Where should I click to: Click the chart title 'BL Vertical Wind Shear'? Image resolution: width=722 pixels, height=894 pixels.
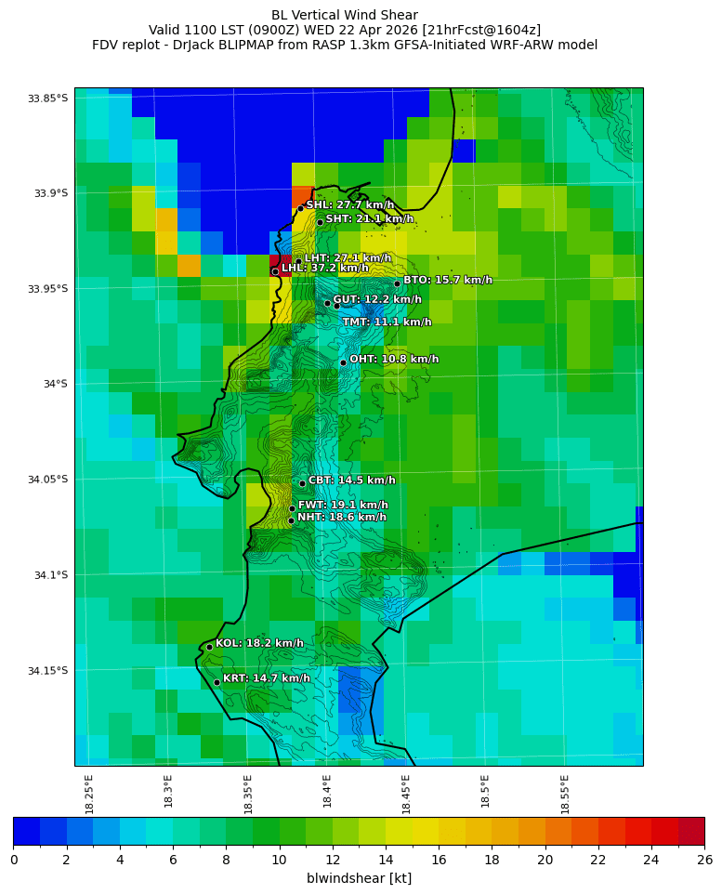[x=345, y=15]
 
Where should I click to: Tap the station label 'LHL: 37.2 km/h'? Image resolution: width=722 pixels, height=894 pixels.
[x=325, y=268]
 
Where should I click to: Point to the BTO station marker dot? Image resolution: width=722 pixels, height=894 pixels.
[x=397, y=283]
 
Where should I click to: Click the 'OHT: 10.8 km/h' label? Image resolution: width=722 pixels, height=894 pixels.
[x=394, y=359]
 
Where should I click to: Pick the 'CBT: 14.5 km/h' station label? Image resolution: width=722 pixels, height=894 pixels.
[x=351, y=480]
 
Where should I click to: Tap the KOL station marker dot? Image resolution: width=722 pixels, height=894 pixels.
[x=210, y=647]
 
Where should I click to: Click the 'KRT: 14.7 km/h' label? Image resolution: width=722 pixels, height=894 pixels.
[x=266, y=678]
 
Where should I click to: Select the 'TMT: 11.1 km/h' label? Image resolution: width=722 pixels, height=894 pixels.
[x=387, y=322]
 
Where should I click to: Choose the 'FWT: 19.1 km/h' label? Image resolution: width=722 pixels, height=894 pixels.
[x=343, y=505]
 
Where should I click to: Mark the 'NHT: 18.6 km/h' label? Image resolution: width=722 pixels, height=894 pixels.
[x=341, y=517]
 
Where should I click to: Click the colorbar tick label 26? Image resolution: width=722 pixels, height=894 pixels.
[x=704, y=860]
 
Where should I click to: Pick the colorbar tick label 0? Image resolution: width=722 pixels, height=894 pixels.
[x=14, y=860]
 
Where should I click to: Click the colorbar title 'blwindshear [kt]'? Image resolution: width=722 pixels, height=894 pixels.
[x=359, y=878]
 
